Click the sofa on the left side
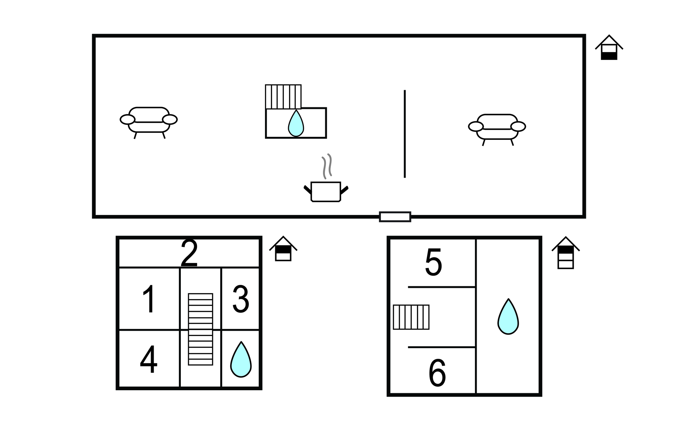click(x=149, y=123)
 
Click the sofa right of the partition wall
click(x=497, y=130)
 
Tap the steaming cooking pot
click(x=326, y=178)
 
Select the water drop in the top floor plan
click(x=296, y=123)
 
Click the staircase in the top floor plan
click(x=283, y=97)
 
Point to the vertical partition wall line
click(x=405, y=134)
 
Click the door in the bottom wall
click(x=395, y=217)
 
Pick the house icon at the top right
click(x=609, y=47)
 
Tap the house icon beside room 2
click(x=283, y=248)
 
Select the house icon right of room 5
click(x=566, y=252)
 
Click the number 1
click(x=149, y=299)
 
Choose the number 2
click(x=189, y=253)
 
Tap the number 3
click(x=241, y=299)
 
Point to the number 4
click(x=148, y=359)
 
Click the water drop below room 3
click(x=241, y=359)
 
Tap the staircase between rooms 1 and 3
click(x=200, y=329)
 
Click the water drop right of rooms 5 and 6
click(x=508, y=317)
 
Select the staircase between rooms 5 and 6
click(x=411, y=317)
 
